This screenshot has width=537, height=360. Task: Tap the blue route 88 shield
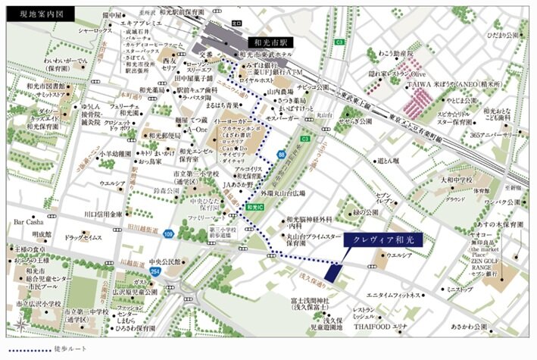click(282, 155)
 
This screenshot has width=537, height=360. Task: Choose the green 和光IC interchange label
click(254, 206)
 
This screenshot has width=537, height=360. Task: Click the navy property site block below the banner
click(331, 270)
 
